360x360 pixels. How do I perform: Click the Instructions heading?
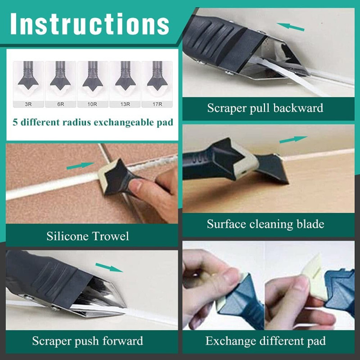coord(90,24)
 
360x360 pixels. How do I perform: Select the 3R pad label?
coord(28,104)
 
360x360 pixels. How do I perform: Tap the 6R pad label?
coord(61,104)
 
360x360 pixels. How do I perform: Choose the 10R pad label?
coord(92,104)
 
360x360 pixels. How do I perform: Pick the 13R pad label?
coord(125,104)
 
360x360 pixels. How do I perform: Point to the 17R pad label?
coord(157,104)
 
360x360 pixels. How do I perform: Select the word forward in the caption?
coord(123,341)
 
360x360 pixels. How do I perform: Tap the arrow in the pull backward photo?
coord(290,27)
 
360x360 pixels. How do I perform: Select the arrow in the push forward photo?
coord(109,267)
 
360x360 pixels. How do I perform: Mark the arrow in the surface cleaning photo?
coord(293,139)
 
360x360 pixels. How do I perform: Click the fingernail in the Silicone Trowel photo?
coord(137,185)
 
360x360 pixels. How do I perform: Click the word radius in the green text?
coord(77,122)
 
